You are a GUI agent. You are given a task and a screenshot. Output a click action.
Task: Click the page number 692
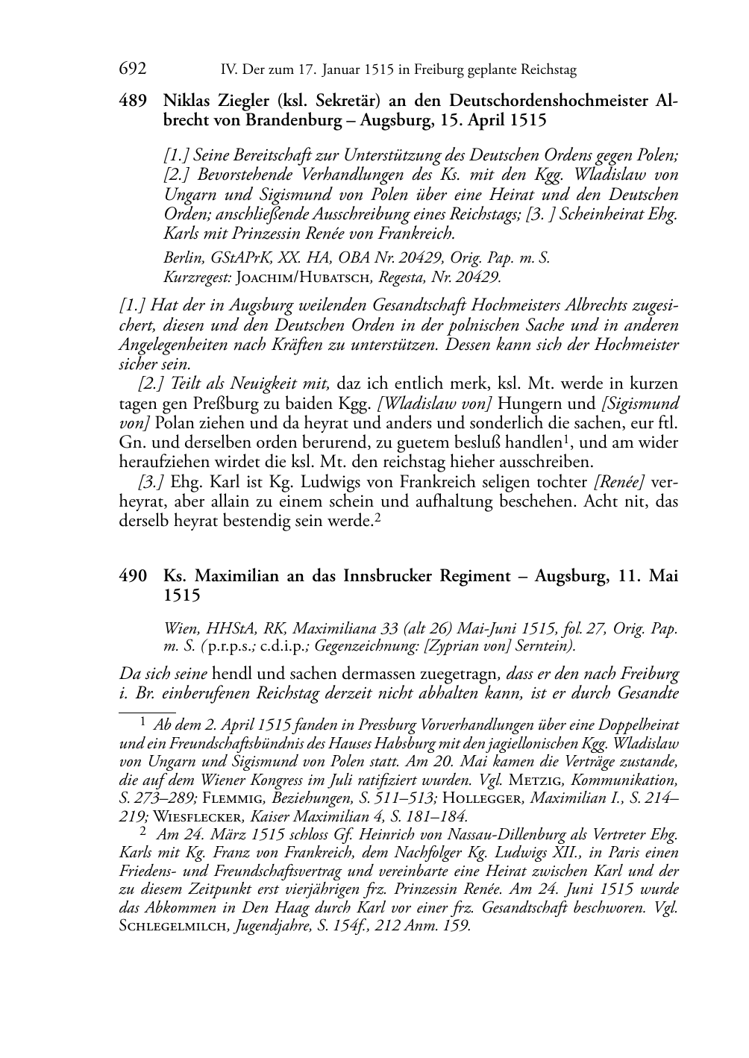[132, 69]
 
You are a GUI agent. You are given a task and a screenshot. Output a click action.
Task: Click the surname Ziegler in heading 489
[242, 100]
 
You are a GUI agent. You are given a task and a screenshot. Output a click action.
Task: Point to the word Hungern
[533, 404]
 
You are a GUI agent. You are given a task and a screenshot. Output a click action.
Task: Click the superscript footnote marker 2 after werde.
[377, 517]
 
